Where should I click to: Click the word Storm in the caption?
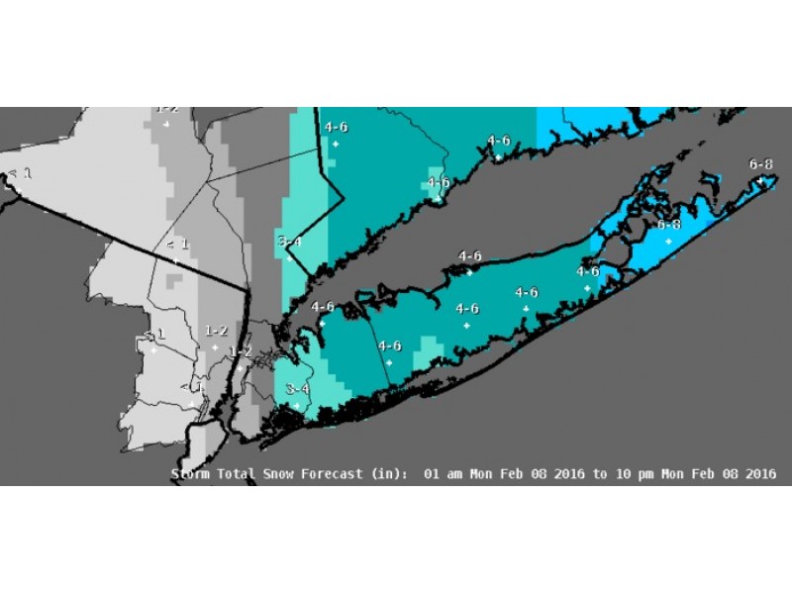tap(191, 474)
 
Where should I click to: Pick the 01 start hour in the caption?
tap(431, 474)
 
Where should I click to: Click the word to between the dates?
tap(601, 474)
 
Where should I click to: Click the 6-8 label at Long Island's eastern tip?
tap(761, 162)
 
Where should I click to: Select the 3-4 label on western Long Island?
tap(297, 389)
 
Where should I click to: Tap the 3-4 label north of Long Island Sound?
tap(288, 241)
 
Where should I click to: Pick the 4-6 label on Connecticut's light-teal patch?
tap(438, 182)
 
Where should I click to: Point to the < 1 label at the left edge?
tap(20, 173)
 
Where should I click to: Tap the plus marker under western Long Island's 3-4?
tap(296, 406)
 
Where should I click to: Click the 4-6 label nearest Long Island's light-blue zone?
tap(588, 271)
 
